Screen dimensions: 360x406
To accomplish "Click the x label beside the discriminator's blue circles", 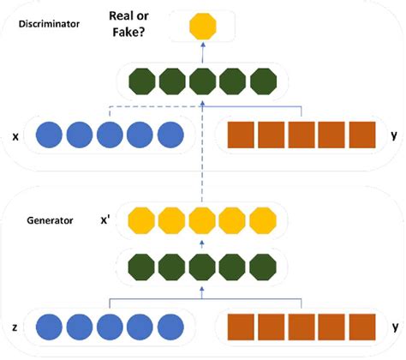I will click(x=16, y=136).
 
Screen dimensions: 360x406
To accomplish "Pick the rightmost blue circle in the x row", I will click(x=171, y=136).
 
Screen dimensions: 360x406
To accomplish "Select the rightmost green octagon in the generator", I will click(x=262, y=264).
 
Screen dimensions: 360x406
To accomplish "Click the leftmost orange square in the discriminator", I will click(x=242, y=136).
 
